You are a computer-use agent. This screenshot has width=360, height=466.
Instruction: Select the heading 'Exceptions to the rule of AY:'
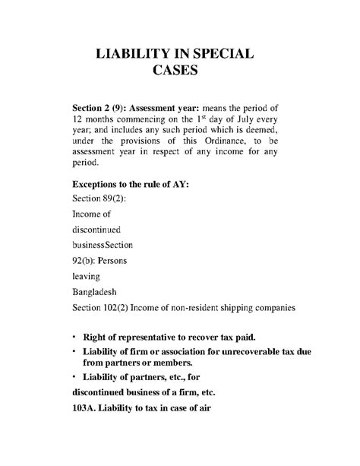pyautogui.click(x=131, y=184)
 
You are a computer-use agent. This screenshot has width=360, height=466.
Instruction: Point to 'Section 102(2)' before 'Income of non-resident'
pyautogui.click(x=101, y=307)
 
